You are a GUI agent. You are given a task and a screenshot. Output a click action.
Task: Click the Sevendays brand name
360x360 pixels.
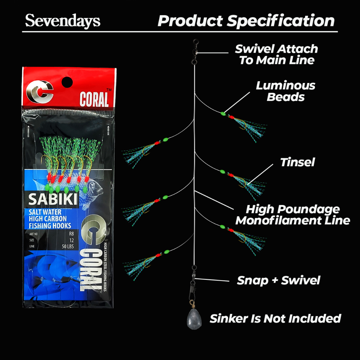(63, 21)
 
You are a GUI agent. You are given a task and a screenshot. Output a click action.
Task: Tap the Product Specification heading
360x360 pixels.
(246, 21)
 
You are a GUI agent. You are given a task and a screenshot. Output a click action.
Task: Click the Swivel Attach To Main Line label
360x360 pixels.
(276, 54)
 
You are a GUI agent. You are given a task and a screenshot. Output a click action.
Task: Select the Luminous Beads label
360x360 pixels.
(285, 91)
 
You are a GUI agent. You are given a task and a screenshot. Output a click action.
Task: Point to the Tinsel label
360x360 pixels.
(297, 162)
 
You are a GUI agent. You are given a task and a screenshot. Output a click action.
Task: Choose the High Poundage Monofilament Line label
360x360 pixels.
(292, 215)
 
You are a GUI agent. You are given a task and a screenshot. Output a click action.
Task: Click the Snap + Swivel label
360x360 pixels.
(278, 280)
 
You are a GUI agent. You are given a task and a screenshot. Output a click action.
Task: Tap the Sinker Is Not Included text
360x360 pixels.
(275, 319)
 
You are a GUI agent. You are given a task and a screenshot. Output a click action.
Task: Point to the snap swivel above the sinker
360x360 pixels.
(193, 282)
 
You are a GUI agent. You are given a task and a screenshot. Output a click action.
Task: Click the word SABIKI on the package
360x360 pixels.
(53, 199)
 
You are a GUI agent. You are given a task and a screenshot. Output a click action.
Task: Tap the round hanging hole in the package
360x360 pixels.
(67, 83)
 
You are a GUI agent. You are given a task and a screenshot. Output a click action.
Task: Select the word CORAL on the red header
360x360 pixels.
(94, 99)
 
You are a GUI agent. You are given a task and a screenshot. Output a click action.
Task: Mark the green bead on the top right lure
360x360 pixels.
(223, 113)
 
